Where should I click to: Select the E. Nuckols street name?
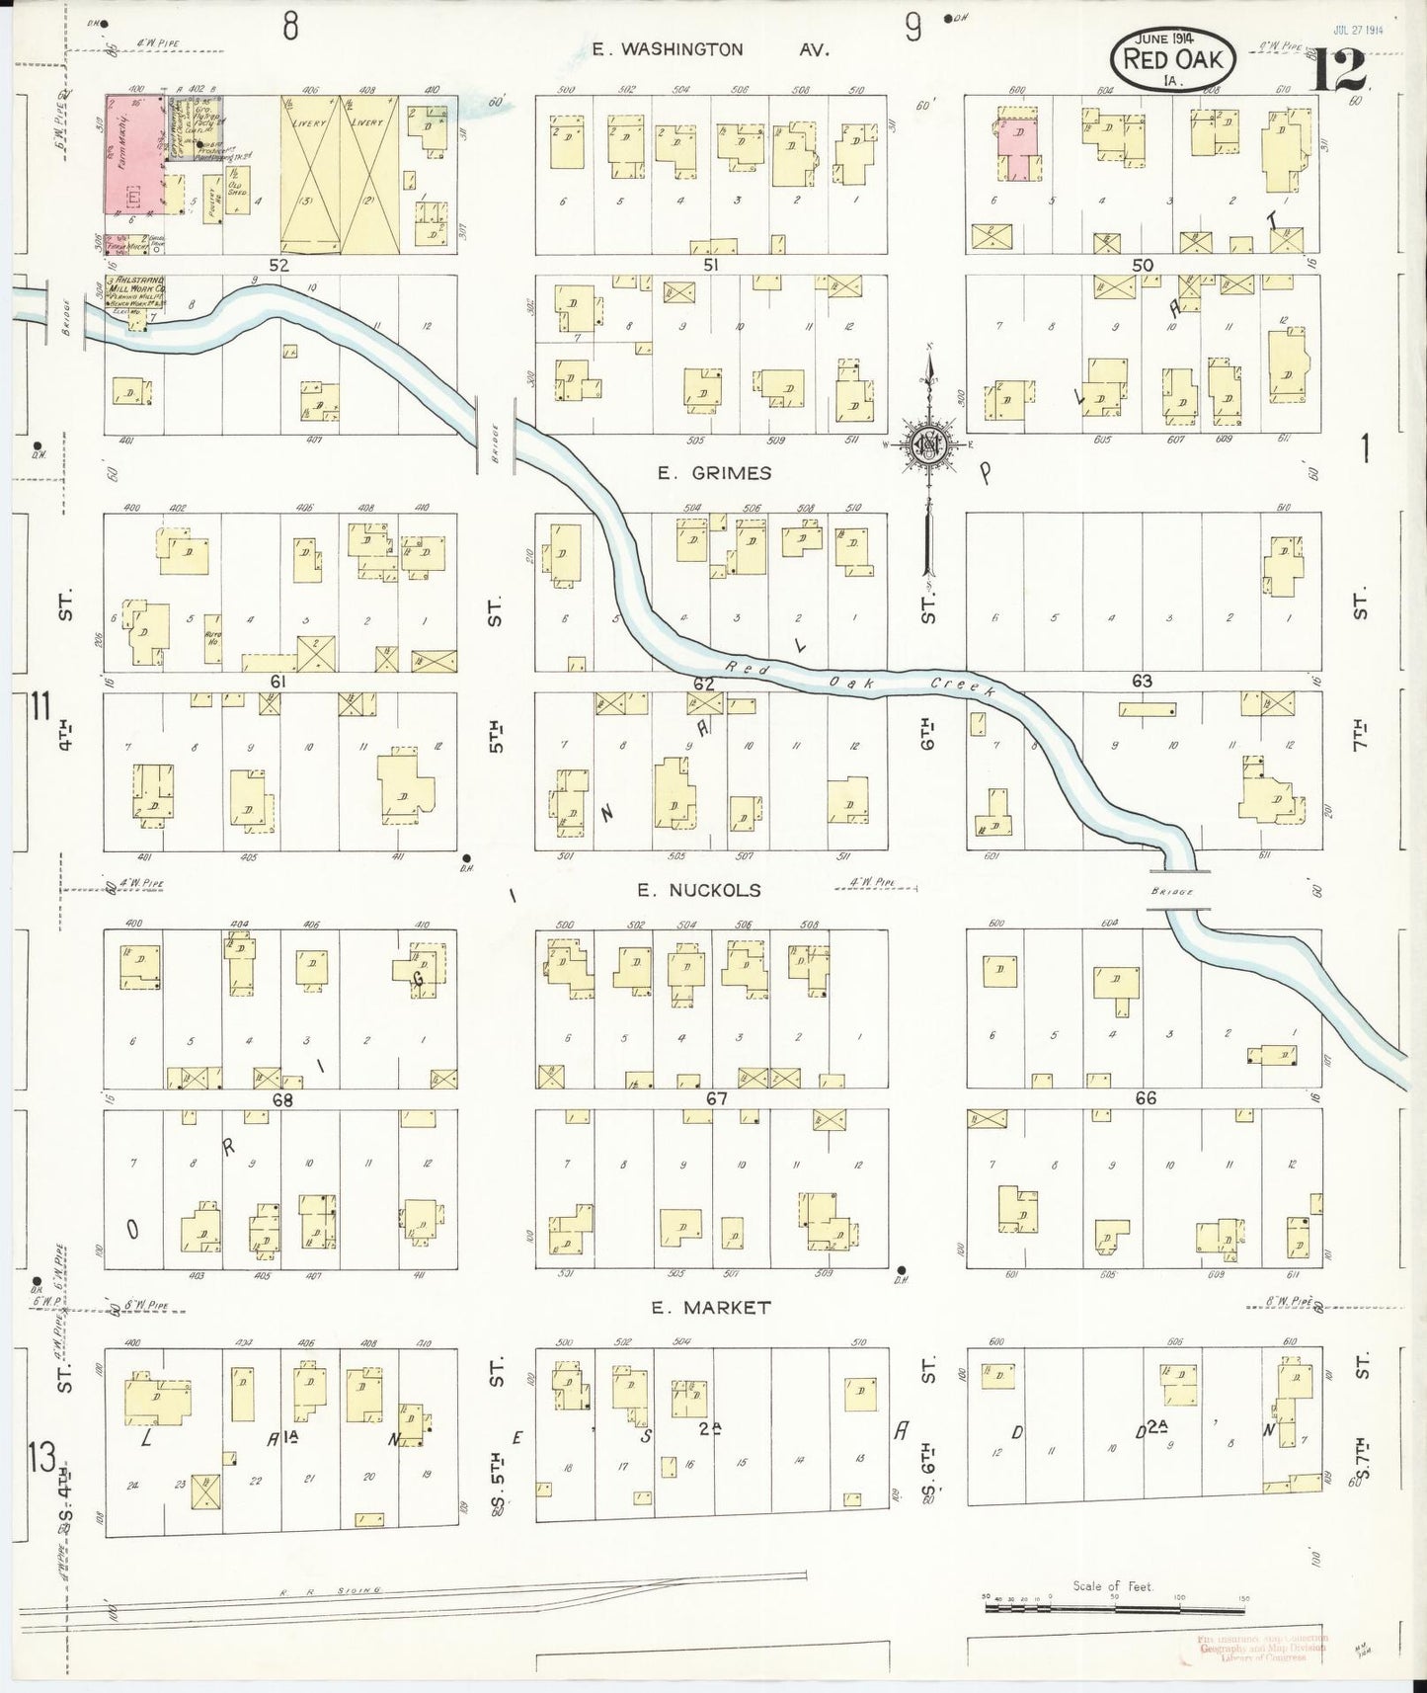(x=698, y=890)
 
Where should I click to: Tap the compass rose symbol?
(x=928, y=444)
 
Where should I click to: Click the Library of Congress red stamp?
(x=1262, y=1648)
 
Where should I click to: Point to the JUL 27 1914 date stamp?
(x=1360, y=30)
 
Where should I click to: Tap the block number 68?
(x=283, y=1098)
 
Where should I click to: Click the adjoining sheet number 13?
(x=41, y=1458)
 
